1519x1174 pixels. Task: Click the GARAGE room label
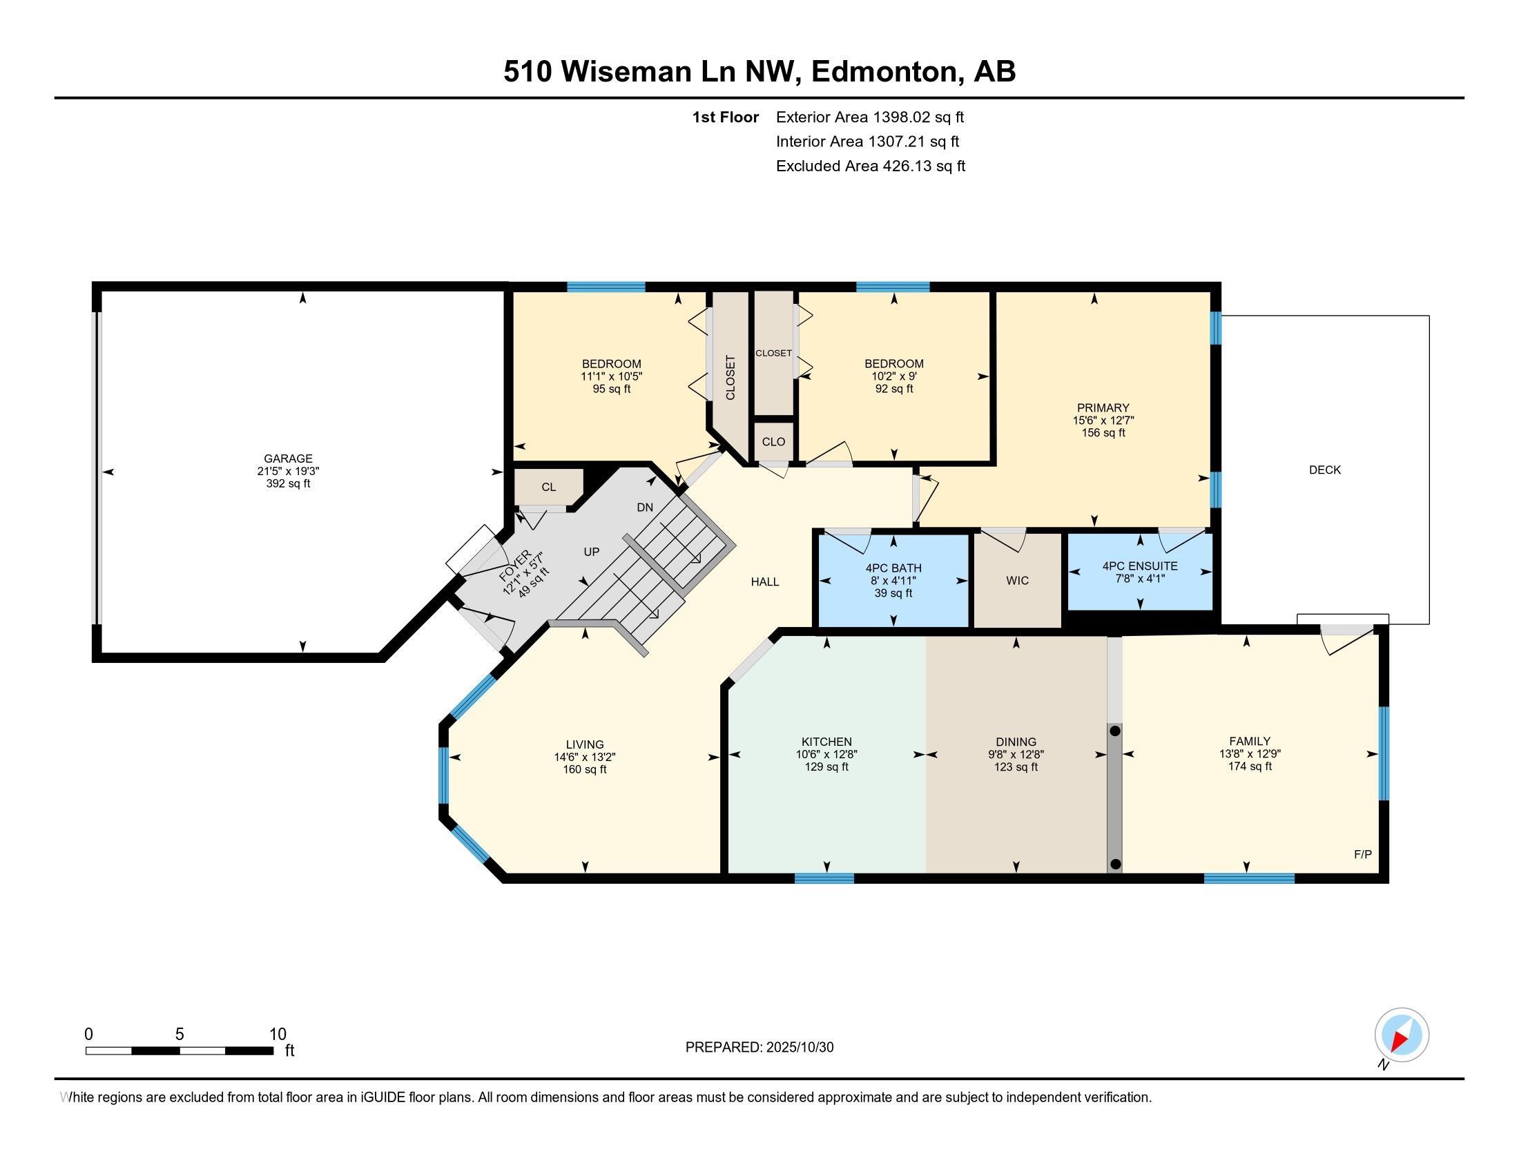click(x=288, y=459)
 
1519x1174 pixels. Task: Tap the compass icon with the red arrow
click(x=1402, y=1035)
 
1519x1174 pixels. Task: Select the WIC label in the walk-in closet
click(x=1017, y=580)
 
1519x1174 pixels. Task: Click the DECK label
click(x=1324, y=470)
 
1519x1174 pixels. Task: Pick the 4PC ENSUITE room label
click(x=1140, y=566)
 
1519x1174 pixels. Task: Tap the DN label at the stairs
click(x=645, y=507)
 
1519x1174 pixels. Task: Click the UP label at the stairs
click(x=591, y=552)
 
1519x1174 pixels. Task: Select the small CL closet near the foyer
click(x=549, y=487)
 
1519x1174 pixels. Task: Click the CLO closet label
click(x=773, y=442)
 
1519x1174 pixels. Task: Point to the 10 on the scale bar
click(x=278, y=1034)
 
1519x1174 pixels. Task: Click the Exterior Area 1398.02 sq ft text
click(x=869, y=117)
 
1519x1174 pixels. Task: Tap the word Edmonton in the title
click(x=883, y=71)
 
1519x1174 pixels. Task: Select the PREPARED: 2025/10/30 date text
click(x=759, y=1047)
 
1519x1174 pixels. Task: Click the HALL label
click(x=764, y=581)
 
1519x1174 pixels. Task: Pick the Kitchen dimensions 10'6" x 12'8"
click(x=826, y=754)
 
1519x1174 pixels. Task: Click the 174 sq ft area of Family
click(x=1249, y=766)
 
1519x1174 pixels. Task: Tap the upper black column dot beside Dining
click(x=1115, y=731)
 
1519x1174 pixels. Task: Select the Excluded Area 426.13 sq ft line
click(x=870, y=166)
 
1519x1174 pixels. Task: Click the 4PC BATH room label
click(x=893, y=568)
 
